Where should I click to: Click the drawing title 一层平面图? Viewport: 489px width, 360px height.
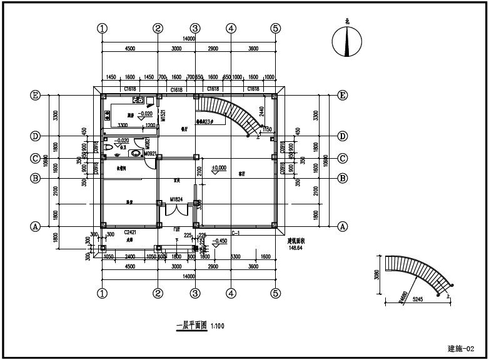pos(191,326)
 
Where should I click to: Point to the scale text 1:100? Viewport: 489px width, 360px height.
pos(218,326)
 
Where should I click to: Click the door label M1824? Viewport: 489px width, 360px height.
pos(177,199)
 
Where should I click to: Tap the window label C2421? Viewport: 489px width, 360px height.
pos(130,232)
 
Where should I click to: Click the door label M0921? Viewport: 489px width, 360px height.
pos(151,154)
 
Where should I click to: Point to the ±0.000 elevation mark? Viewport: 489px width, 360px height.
pos(219,167)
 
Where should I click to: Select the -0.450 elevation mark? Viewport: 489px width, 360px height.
pos(219,241)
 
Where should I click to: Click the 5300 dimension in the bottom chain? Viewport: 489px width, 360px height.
pos(236,257)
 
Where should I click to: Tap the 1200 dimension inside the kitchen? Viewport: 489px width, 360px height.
pos(150,125)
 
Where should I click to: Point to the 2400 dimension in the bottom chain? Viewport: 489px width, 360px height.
pos(129,257)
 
